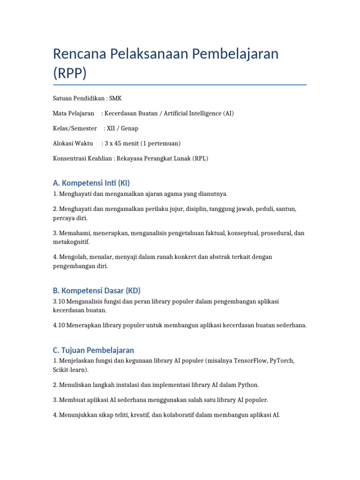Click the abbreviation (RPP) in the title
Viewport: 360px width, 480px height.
(70, 74)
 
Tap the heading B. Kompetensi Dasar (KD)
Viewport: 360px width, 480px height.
(96, 290)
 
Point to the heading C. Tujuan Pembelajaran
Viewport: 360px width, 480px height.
(94, 350)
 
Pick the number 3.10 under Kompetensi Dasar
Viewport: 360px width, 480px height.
(59, 301)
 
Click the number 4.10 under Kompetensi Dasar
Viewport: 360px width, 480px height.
(59, 325)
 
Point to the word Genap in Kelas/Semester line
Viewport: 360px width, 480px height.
(129, 128)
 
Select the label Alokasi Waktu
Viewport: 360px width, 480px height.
(73, 143)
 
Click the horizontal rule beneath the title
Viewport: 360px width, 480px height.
(180, 85)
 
